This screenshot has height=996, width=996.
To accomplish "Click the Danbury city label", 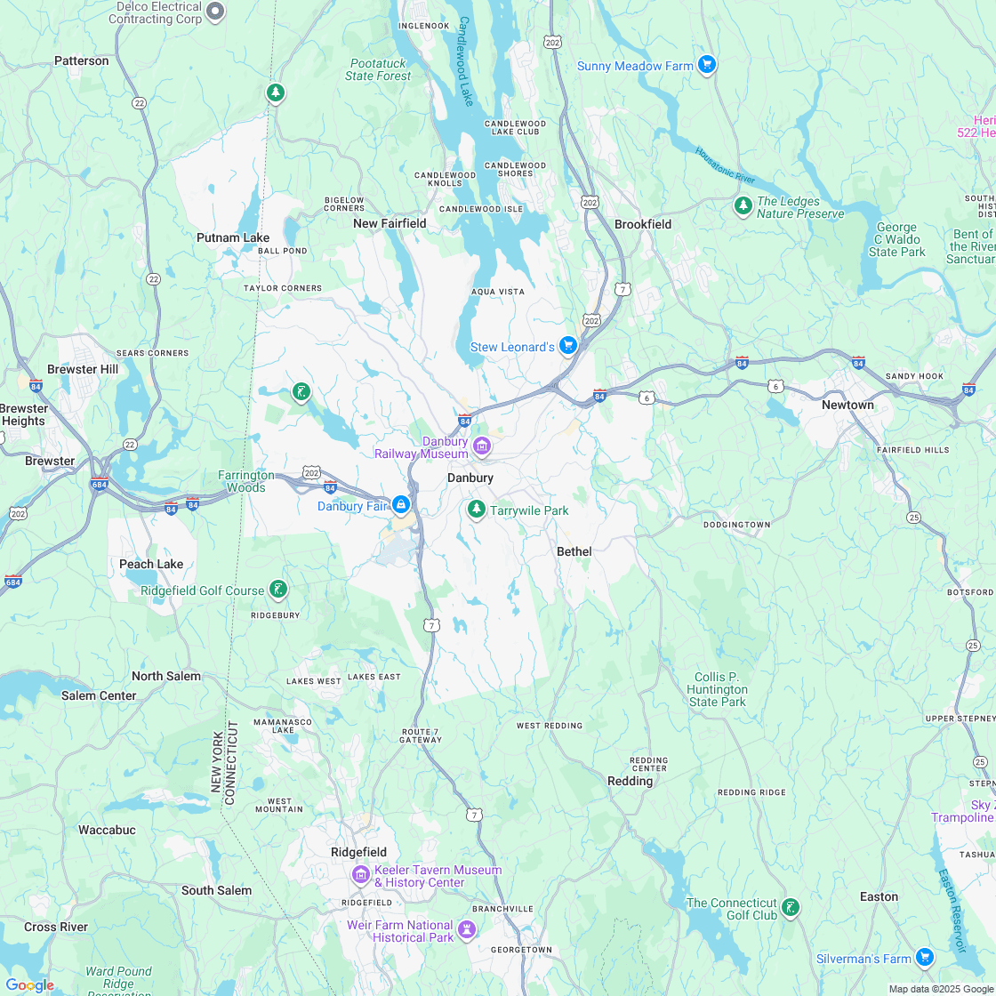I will click(470, 478).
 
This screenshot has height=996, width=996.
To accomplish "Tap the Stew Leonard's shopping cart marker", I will click(568, 345).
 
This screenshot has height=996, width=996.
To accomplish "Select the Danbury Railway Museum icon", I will click(482, 445).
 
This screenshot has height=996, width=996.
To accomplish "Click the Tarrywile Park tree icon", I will click(477, 509).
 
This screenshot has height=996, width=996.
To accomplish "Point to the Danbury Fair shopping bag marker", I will click(401, 505).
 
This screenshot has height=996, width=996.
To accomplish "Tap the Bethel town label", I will click(574, 551).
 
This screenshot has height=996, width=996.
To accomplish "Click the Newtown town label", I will click(847, 405).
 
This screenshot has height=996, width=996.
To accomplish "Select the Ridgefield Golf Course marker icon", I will click(278, 589).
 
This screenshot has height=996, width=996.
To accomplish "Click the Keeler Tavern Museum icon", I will click(361, 874).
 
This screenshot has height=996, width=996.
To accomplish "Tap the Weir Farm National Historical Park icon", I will click(467, 930).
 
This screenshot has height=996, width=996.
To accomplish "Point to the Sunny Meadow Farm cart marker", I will click(707, 64).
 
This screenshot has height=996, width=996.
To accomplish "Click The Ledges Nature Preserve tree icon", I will click(743, 205).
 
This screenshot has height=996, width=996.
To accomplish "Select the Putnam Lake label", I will click(233, 237).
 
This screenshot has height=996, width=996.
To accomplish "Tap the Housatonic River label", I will click(725, 165).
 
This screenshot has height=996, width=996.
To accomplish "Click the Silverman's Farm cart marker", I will click(925, 957).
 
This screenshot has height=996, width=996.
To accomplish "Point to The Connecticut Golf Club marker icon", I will click(790, 907).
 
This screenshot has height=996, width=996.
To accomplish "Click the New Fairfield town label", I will click(390, 223).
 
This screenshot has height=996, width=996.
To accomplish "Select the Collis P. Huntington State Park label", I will click(718, 689).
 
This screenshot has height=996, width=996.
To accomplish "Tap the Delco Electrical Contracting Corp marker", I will click(215, 12).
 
